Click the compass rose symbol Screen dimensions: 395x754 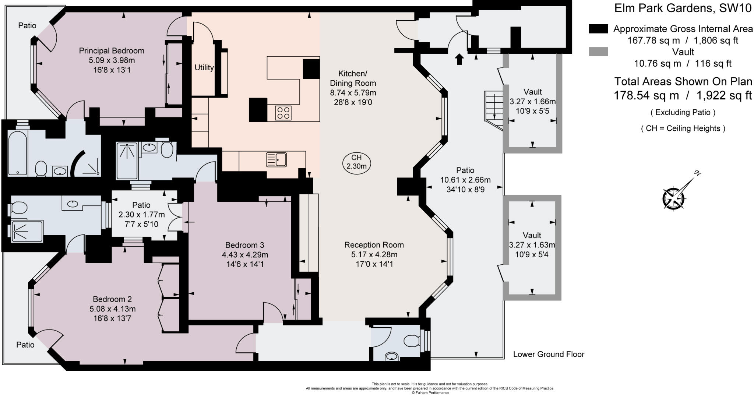pos(674,198)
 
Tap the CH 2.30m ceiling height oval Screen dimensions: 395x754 pos(356,162)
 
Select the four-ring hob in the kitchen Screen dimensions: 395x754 pos(283,113)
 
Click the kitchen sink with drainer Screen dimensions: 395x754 pos(276,160)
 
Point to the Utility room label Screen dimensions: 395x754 pos(204,68)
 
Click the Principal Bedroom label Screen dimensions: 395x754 pos(112,51)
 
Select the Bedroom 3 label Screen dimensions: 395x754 pos(244,245)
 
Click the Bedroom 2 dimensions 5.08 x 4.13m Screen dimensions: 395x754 pos(112,309)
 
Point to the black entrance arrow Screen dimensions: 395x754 pos(459,59)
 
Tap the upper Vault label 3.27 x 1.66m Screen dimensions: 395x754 pos(532,101)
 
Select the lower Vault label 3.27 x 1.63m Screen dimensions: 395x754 pos(532,244)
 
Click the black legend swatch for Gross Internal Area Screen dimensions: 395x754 pos(598,29)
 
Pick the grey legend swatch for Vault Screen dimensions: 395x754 pos(598,52)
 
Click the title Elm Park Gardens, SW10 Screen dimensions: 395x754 pos(683,8)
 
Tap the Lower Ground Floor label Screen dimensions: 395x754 pos(549,355)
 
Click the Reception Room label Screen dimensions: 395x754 pos(374,245)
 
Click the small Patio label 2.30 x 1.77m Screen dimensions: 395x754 pos(141,214)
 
